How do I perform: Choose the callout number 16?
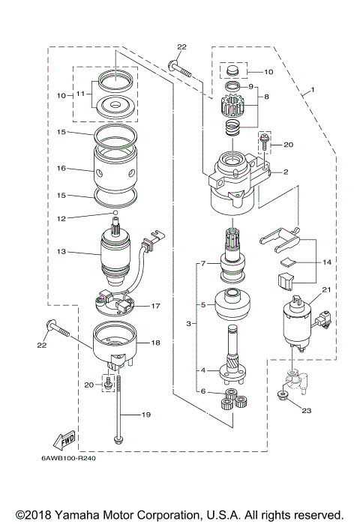click(x=62, y=169)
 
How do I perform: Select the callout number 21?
click(x=325, y=289)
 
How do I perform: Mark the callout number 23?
click(x=307, y=409)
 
